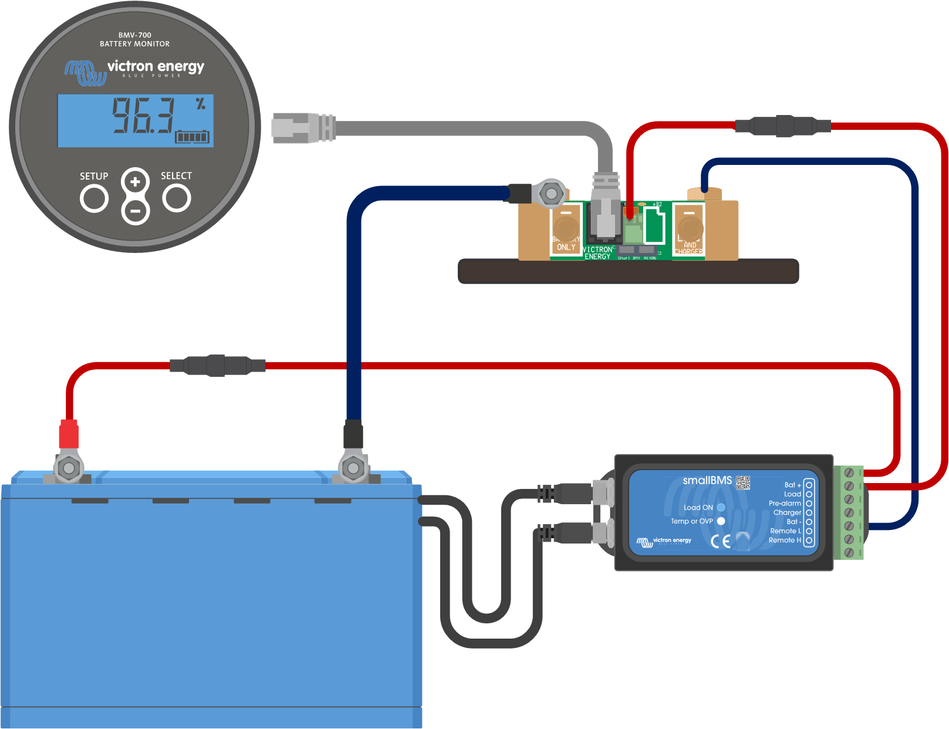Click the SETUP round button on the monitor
click(x=94, y=198)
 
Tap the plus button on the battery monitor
click(x=135, y=182)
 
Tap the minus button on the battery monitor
click(x=135, y=210)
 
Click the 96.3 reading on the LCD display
click(x=144, y=115)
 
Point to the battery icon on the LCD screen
click(x=192, y=137)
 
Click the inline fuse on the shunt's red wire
click(x=783, y=126)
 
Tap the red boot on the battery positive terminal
click(x=69, y=434)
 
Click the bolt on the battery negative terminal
click(x=353, y=468)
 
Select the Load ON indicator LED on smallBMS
click(x=721, y=508)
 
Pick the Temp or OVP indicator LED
click(x=721, y=521)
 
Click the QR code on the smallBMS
click(x=743, y=482)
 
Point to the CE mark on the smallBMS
click(x=721, y=541)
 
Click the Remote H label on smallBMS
click(x=785, y=541)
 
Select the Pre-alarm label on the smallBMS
click(x=785, y=504)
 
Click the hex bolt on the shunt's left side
click(x=551, y=193)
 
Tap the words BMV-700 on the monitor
click(x=135, y=35)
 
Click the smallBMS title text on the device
click(x=707, y=481)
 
